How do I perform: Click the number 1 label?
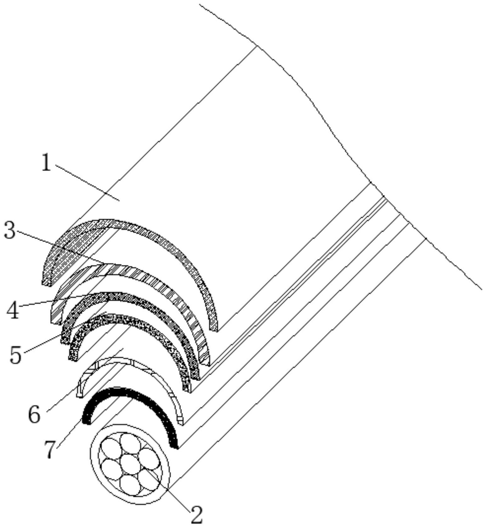coord(47,163)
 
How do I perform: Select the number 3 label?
coord(9,230)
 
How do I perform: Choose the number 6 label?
coord(34,414)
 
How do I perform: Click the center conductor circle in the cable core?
coord(130,463)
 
